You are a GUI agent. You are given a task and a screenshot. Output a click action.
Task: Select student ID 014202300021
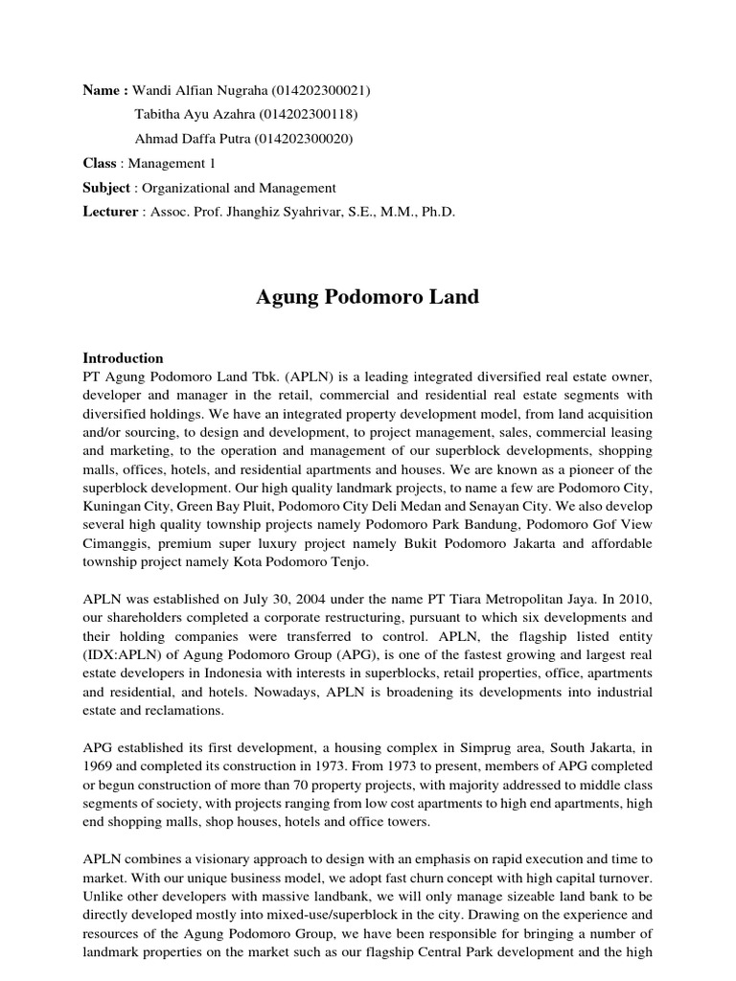tap(322, 90)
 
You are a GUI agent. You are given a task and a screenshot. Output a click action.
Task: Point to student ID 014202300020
tap(305, 139)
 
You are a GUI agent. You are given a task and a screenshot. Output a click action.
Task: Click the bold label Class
tap(100, 164)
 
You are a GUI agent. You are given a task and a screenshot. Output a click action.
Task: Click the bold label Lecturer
tap(110, 212)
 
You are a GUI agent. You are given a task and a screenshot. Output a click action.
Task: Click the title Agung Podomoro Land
tap(367, 297)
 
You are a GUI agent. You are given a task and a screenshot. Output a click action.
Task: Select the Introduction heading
tap(124, 358)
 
